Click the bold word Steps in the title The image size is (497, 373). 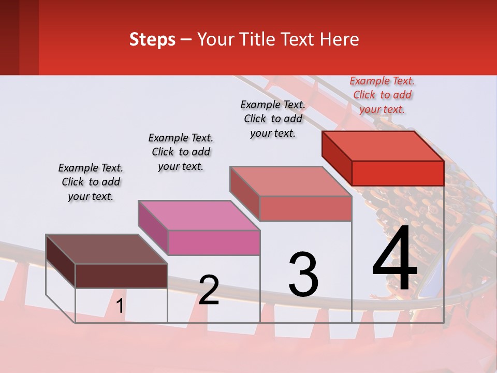[152, 39]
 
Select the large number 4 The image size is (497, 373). [394, 259]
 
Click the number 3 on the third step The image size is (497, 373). [303, 275]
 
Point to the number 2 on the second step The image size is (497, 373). [209, 290]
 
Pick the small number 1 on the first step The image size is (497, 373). [120, 306]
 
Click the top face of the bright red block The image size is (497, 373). [383, 146]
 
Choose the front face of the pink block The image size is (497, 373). [214, 242]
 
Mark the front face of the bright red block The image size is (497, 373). [398, 173]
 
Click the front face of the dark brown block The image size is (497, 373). [121, 276]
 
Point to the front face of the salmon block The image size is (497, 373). [305, 208]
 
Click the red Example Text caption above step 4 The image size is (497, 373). [382, 95]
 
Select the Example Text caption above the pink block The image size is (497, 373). [181, 152]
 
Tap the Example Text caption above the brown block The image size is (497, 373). [91, 182]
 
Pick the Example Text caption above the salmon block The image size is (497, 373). [273, 119]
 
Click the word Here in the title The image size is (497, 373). [340, 39]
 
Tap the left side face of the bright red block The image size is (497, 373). [337, 158]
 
